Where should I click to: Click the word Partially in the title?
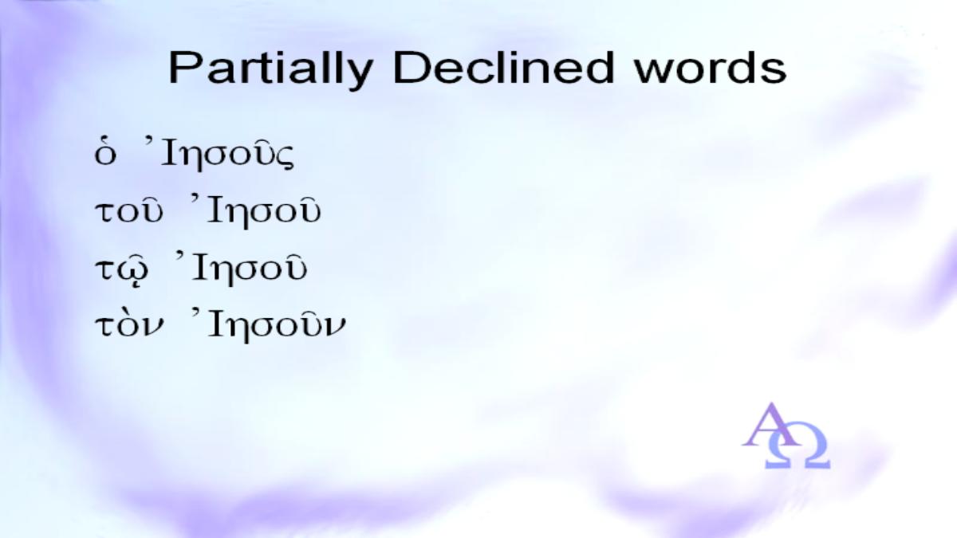point(270,69)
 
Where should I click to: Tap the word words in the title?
point(711,68)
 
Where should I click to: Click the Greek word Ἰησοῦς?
point(219,153)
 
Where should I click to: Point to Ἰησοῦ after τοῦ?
point(256,210)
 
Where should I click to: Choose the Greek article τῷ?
point(123,269)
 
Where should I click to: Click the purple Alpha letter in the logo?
point(769,425)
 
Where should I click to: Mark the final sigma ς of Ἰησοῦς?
point(285,158)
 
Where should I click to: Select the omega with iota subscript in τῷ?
point(136,270)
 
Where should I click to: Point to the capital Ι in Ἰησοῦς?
point(169,153)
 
